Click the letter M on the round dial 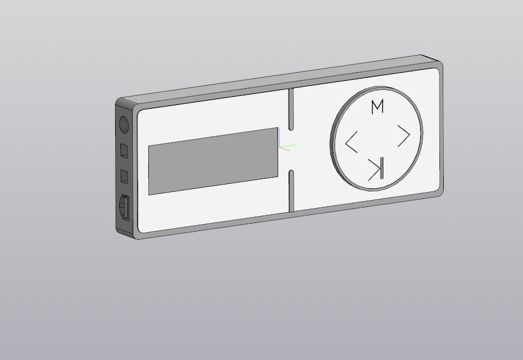377,107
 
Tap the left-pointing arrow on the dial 351,143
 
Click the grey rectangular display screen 213,160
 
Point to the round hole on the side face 124,126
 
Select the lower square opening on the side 124,176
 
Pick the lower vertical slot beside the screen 291,190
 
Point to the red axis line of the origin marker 285,149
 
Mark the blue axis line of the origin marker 279,141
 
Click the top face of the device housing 278,80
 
